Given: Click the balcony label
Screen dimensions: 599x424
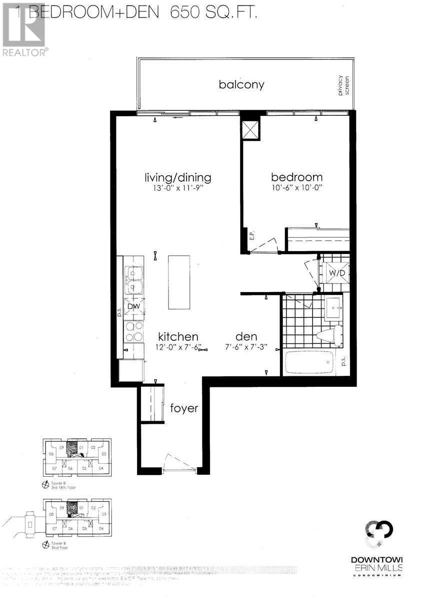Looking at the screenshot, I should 241,84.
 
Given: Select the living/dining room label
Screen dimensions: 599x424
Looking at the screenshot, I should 177,177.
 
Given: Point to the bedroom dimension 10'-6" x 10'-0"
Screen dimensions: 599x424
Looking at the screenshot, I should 296,189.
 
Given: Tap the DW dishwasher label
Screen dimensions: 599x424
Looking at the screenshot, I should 133,306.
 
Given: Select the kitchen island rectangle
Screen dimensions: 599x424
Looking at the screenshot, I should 179,282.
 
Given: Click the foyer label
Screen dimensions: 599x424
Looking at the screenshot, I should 184,408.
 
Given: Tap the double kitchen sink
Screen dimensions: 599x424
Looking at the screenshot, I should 133,280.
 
